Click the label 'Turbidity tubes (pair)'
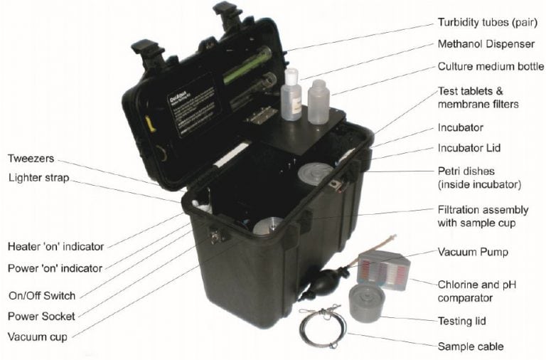click(x=488, y=22)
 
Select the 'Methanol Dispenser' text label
click(x=485, y=44)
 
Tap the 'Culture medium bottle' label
click(x=491, y=67)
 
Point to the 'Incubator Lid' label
click(x=469, y=149)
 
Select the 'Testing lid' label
click(x=462, y=322)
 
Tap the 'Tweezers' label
click(x=31, y=158)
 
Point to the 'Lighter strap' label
click(x=38, y=177)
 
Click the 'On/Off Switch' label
click(x=41, y=295)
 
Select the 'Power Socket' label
click(x=41, y=316)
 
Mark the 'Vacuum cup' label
click(x=38, y=337)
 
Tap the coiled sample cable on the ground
click(x=321, y=329)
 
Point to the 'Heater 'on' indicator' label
click(x=55, y=247)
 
